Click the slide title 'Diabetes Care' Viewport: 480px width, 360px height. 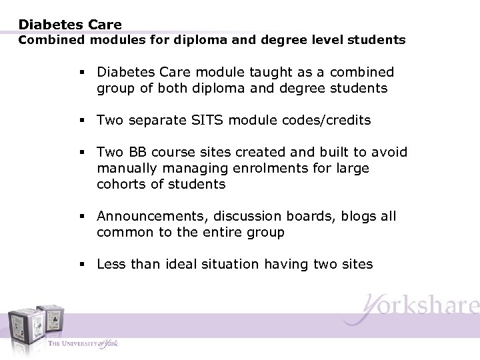(70, 25)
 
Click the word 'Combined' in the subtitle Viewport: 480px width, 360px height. (45, 40)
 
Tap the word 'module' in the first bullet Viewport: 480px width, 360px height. (219, 72)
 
